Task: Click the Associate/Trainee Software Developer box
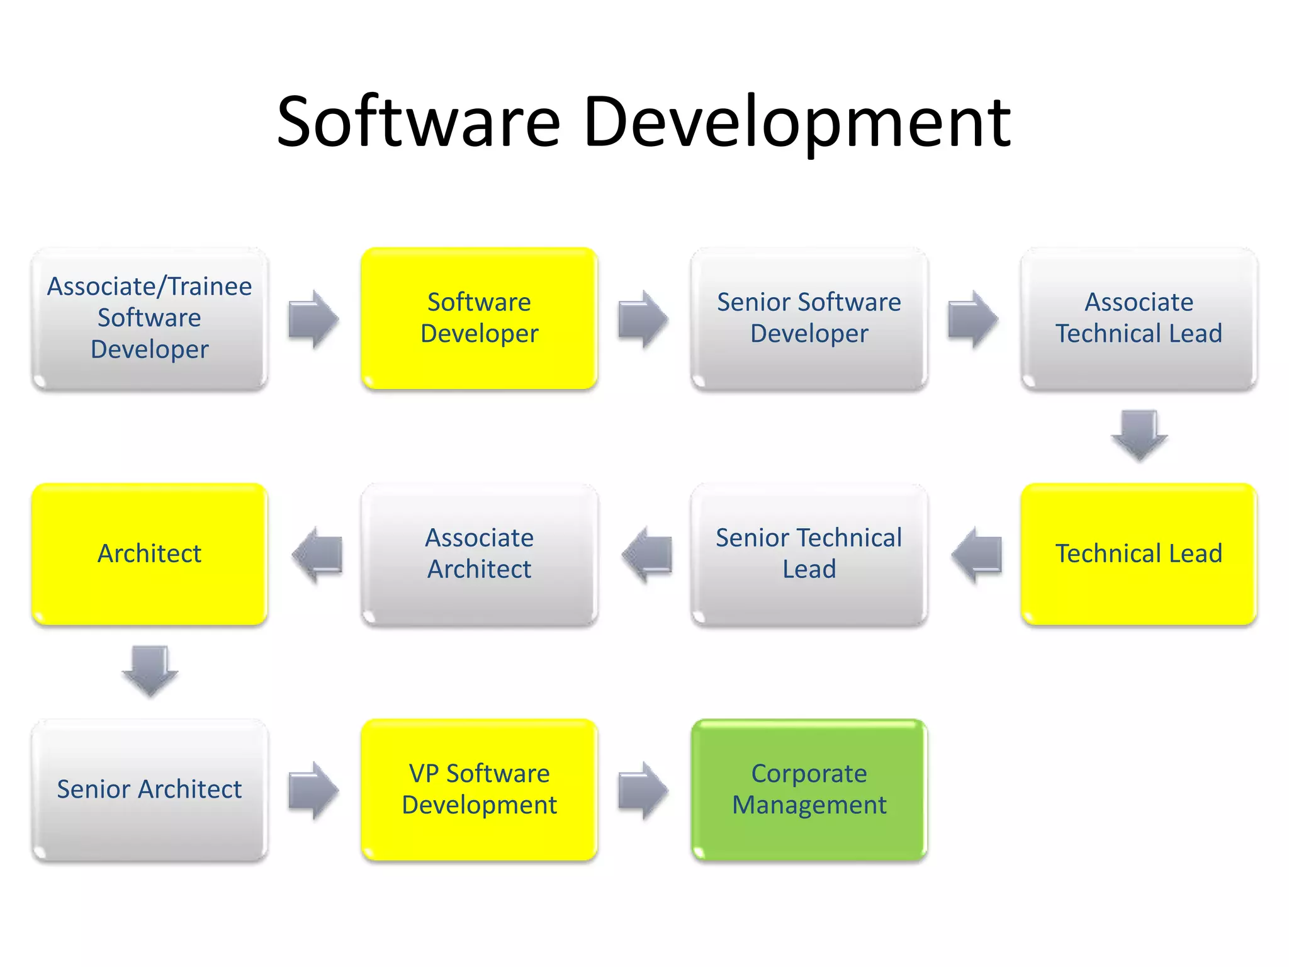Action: [150, 318]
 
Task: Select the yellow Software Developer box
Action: [479, 318]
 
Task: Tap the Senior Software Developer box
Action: [809, 318]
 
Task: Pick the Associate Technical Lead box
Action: [1139, 318]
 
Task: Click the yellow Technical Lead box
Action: [1139, 554]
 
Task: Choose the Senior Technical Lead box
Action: [809, 554]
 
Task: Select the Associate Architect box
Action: [479, 554]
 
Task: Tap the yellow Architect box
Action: [150, 554]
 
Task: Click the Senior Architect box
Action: [150, 789]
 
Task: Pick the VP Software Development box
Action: [479, 789]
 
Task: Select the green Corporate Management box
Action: [809, 789]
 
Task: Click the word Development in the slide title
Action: [797, 123]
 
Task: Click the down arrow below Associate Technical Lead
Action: [1139, 435]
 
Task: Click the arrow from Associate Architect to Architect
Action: [317, 555]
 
